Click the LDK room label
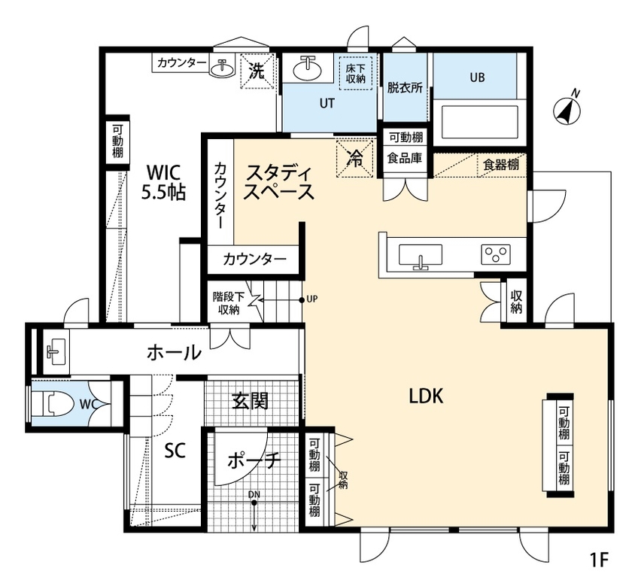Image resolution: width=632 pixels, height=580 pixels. pos(425,396)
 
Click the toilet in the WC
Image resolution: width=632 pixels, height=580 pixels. pos(60,405)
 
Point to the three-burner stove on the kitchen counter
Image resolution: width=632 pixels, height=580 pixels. pos(496,254)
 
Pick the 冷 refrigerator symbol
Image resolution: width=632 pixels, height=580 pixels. pos(354,157)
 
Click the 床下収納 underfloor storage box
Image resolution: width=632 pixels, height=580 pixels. pos(355,72)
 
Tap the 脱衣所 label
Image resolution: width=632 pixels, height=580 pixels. pos(405,87)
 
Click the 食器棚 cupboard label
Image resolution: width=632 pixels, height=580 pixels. pos(500,164)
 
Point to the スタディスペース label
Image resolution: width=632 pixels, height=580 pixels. pos(278,181)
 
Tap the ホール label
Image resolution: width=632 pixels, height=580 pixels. pos(174,351)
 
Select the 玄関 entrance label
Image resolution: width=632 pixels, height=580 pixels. pos(250,400)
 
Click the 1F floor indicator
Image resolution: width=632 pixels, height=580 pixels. pos(599,560)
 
